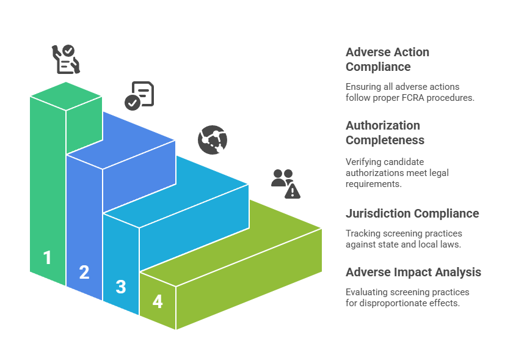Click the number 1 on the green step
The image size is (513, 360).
47,258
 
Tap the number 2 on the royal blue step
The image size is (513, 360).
84,273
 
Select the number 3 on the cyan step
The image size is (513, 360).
121,287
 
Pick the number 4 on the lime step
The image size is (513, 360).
158,301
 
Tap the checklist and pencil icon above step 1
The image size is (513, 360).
65,59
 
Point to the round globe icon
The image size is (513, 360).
212,140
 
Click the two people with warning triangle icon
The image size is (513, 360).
286,183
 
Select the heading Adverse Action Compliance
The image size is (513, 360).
387,59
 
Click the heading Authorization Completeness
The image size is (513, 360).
385,133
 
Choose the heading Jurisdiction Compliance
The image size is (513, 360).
412,213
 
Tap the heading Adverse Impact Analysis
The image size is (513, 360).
413,272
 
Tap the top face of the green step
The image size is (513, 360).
66,95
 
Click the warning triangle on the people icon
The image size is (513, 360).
293,192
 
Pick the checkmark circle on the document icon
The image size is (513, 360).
132,102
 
